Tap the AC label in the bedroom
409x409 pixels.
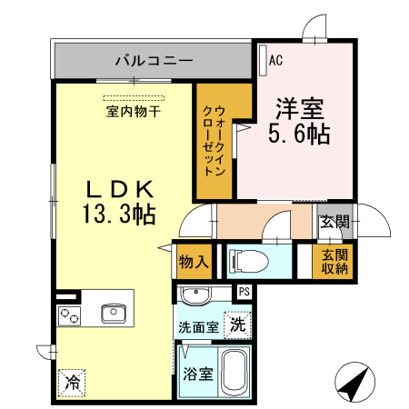click(x=277, y=60)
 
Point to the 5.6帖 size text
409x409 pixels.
click(x=299, y=135)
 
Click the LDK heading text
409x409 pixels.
click(x=123, y=190)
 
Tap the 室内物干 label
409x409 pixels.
click(x=133, y=113)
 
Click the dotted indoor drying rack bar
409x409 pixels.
click(x=134, y=96)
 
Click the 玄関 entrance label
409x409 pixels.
click(x=335, y=221)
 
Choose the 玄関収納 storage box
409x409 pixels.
click(x=334, y=261)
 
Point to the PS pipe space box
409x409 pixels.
click(x=244, y=292)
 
